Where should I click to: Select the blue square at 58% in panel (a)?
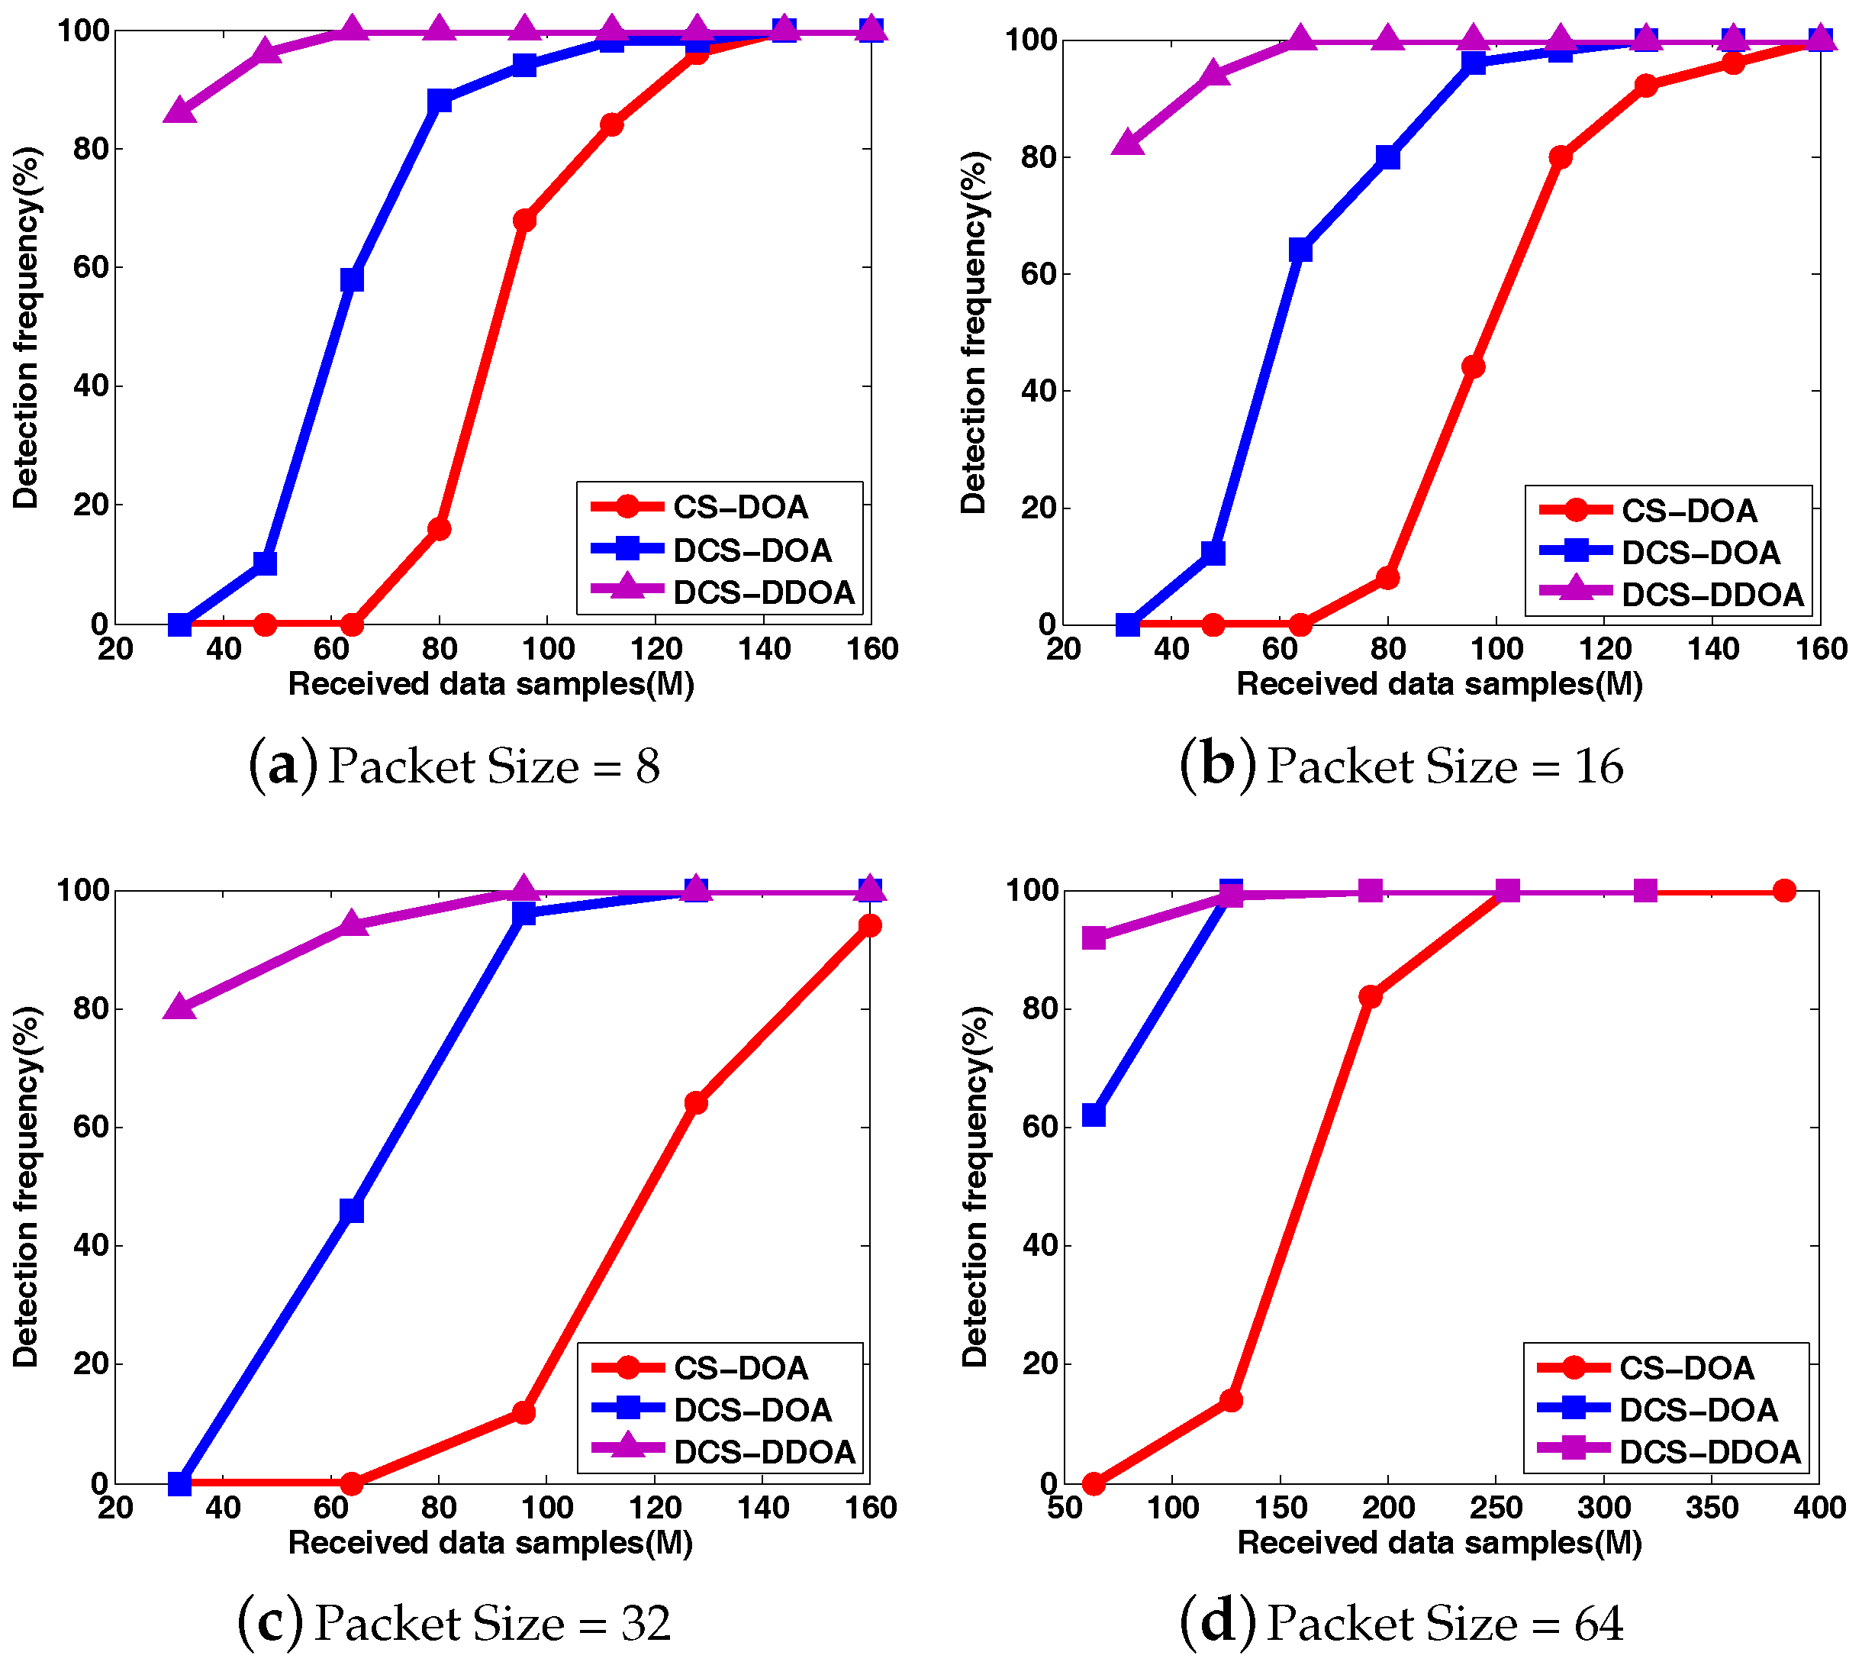pos(351,279)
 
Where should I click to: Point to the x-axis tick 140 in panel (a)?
pos(764,649)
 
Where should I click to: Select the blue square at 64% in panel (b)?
pos(1300,250)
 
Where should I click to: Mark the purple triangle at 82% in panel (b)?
pos(1127,144)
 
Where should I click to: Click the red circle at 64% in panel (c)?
pos(696,1102)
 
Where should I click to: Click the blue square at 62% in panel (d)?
pos(1094,1115)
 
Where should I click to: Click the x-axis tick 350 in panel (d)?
pos(1712,1508)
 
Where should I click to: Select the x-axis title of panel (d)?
pos(1439,1542)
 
